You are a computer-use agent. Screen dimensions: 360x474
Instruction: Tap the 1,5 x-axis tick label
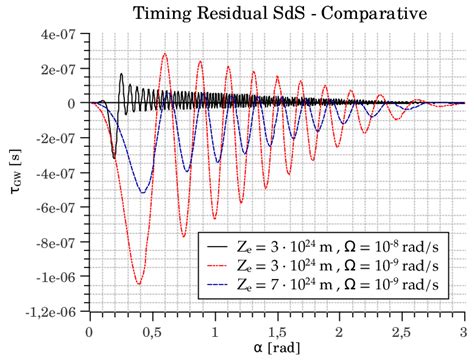pos(276,330)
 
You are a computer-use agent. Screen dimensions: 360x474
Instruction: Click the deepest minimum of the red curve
pos(138,284)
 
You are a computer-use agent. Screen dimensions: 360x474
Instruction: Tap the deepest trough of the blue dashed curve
pos(143,192)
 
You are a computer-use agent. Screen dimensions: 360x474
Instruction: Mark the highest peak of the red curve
pos(165,54)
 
